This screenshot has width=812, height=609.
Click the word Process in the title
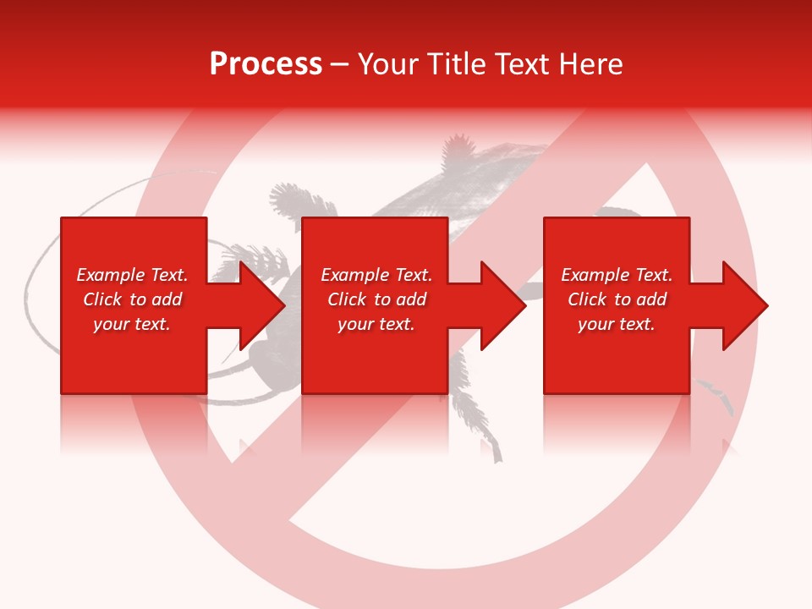click(266, 64)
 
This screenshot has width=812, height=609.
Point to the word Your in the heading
click(390, 64)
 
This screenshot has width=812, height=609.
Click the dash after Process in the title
click(339, 66)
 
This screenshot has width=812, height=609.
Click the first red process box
click(133, 355)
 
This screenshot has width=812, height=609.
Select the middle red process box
click(375, 355)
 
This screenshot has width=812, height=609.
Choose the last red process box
click(616, 355)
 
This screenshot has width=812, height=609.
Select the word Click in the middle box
click(347, 299)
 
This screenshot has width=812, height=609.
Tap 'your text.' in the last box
click(616, 324)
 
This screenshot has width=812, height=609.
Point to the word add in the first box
click(167, 299)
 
